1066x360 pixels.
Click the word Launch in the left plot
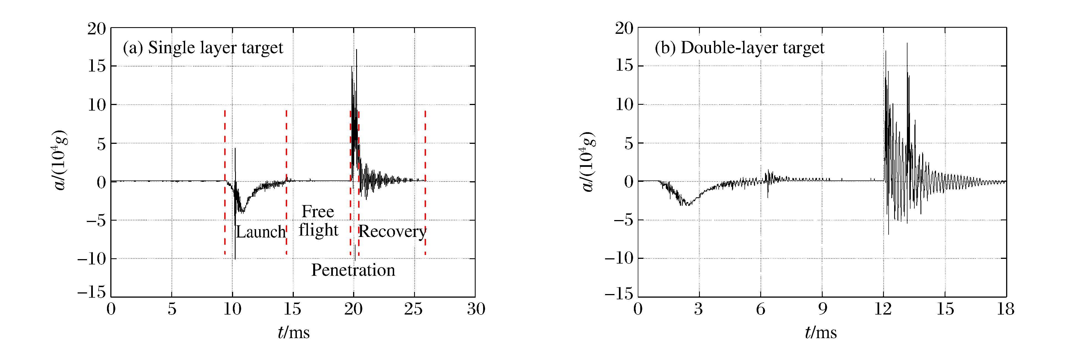(x=261, y=232)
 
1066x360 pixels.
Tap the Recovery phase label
(x=392, y=232)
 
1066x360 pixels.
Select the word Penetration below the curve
(x=353, y=270)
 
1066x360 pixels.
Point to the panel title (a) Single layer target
(x=203, y=48)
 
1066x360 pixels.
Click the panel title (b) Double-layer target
(x=739, y=48)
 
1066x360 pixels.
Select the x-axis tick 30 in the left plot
(x=476, y=309)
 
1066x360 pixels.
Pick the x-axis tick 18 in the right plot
(x=1006, y=309)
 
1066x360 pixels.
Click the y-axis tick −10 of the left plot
(x=91, y=259)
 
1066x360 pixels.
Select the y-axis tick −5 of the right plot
(x=623, y=220)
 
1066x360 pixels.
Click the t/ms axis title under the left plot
(x=294, y=332)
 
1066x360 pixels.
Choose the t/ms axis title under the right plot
(x=821, y=332)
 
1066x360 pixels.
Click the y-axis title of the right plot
(x=587, y=161)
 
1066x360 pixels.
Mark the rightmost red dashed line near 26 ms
(x=425, y=182)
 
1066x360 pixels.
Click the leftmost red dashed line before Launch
(x=225, y=182)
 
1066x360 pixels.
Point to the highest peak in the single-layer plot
(x=356, y=50)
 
